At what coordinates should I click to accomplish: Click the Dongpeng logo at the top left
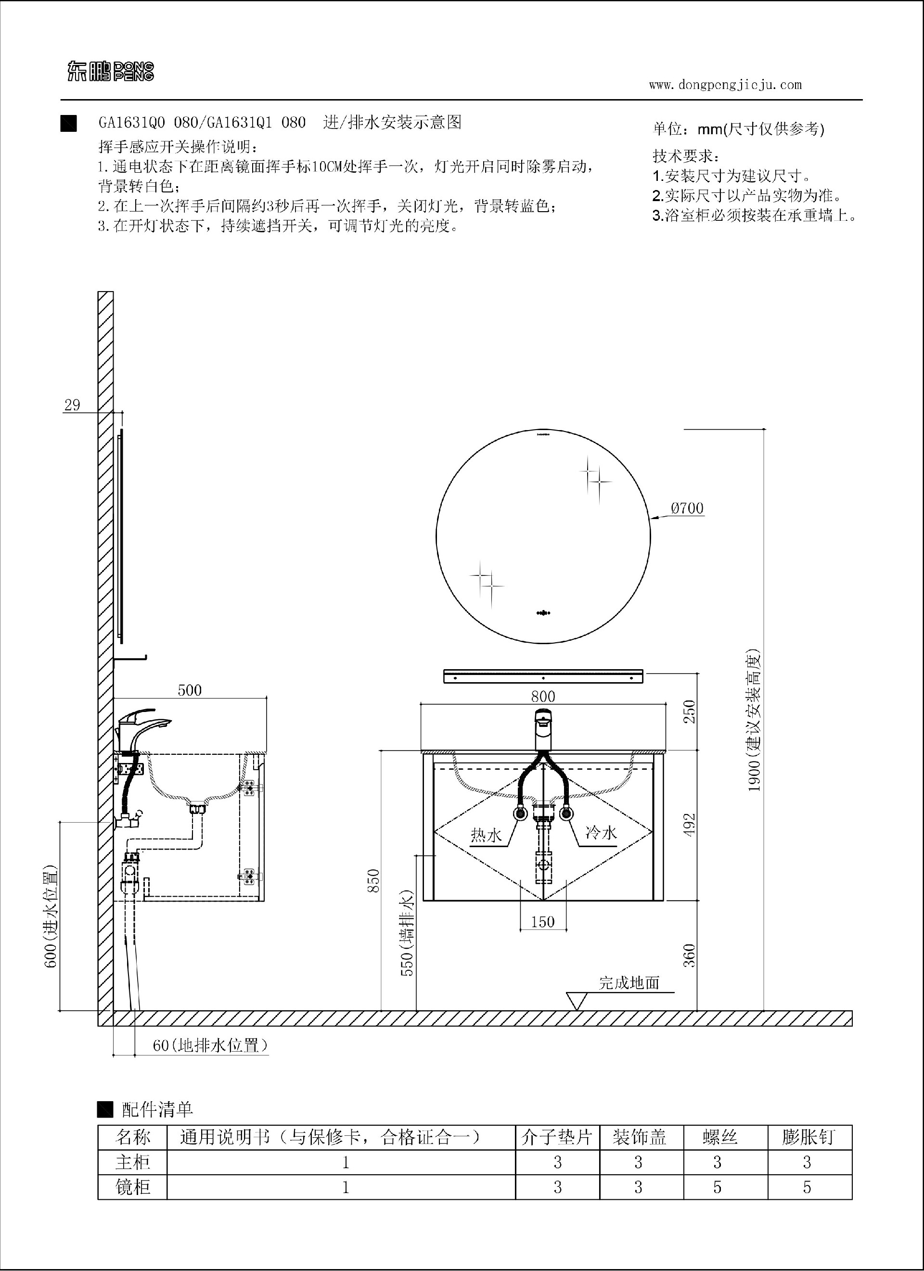point(111,72)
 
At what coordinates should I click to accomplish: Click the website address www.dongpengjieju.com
point(725,85)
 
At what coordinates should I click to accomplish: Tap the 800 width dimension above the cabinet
point(543,696)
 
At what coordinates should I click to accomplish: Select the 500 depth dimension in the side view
point(190,690)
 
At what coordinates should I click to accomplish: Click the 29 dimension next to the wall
point(72,405)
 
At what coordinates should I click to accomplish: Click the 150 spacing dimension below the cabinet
point(542,921)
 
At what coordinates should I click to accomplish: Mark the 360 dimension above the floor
point(689,955)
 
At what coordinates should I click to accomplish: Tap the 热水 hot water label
point(486,835)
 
